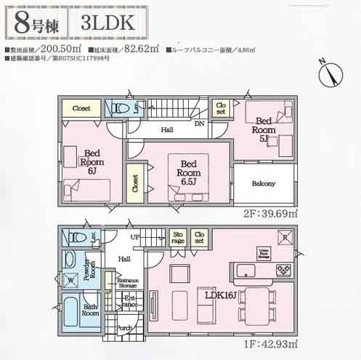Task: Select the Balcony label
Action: click(x=264, y=184)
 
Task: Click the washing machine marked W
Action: click(x=70, y=279)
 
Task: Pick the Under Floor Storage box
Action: click(x=264, y=252)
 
